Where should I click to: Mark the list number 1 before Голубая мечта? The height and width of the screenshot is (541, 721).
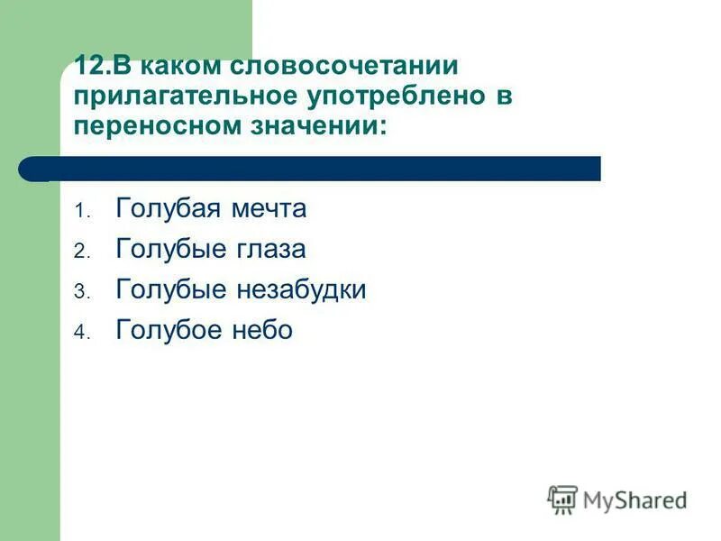tap(78, 211)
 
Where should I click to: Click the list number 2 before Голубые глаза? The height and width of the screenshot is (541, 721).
tap(78, 252)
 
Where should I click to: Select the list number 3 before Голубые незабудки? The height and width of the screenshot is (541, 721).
tap(78, 292)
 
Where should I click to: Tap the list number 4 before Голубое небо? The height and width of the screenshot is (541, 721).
tap(78, 333)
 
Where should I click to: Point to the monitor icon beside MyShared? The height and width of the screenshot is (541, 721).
tap(562, 499)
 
